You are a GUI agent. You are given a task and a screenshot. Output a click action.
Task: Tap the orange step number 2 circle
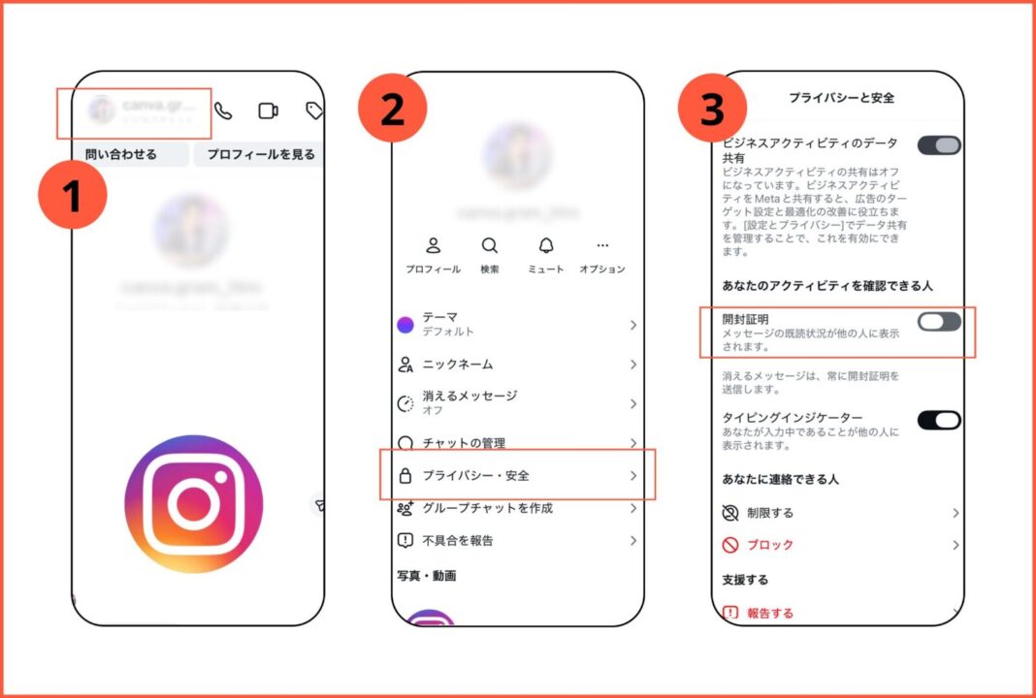tap(392, 110)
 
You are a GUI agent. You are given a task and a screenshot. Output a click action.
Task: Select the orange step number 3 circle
tap(712, 110)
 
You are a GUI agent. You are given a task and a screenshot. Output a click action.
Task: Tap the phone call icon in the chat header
tap(223, 111)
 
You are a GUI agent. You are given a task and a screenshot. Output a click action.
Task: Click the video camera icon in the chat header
tap(268, 111)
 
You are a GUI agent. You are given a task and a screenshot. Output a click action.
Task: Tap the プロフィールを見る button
tap(261, 154)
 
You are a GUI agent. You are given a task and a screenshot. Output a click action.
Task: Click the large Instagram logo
tap(194, 503)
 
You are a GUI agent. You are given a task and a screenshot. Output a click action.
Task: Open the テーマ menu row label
tap(439, 317)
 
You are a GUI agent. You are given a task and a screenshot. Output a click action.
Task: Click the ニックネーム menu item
tap(457, 365)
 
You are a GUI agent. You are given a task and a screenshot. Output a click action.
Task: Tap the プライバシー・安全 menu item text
tap(475, 475)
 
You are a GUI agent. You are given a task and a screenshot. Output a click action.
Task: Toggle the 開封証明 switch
tap(938, 322)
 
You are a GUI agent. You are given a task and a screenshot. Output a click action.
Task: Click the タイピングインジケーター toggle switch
tap(938, 420)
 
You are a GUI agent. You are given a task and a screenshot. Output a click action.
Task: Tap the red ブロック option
tap(770, 545)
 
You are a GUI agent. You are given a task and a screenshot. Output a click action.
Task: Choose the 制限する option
tap(770, 513)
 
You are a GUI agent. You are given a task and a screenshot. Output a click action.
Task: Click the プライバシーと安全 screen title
tap(841, 98)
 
